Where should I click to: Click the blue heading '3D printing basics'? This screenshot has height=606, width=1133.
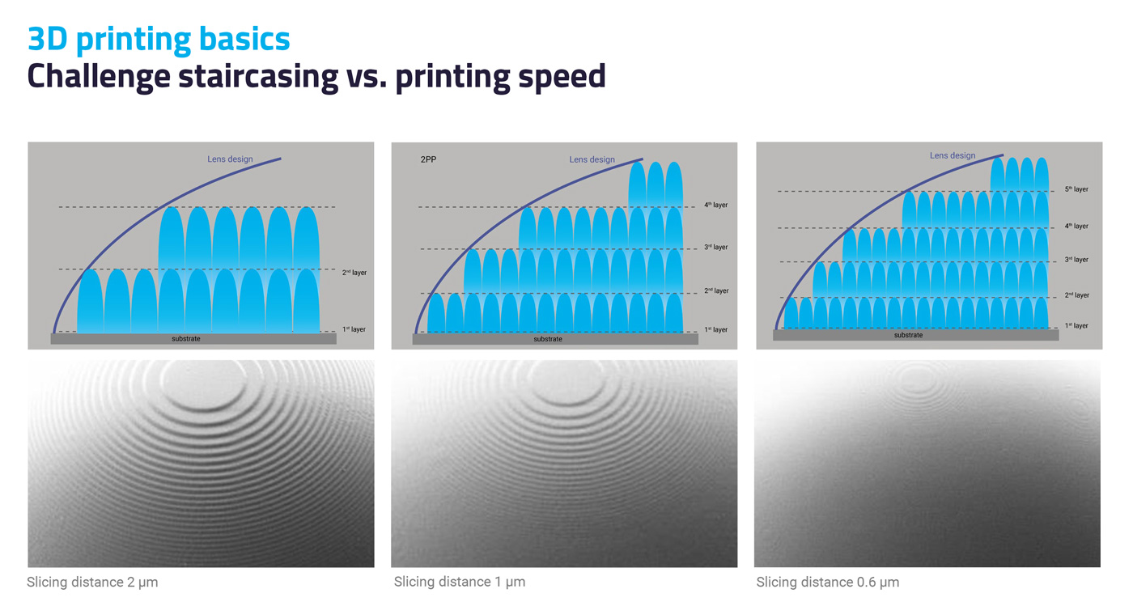[159, 39]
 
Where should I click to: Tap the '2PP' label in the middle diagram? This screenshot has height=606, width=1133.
[428, 159]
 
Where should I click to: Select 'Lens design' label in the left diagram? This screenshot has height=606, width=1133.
[230, 159]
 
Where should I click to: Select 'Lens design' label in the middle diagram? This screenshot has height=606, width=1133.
[592, 159]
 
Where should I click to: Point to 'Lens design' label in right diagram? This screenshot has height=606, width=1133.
[952, 155]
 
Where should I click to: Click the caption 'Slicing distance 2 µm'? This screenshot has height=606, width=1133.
[92, 582]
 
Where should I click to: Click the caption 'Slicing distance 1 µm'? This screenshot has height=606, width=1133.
[459, 582]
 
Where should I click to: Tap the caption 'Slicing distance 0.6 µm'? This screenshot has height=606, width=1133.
[827, 582]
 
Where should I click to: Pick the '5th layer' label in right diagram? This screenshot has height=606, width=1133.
[1076, 189]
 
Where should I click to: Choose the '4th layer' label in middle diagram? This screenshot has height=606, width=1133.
[715, 206]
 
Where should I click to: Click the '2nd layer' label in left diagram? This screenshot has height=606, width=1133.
[354, 273]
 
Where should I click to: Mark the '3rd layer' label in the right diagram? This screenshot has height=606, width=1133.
[1076, 260]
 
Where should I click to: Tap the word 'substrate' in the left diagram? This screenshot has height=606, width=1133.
[186, 339]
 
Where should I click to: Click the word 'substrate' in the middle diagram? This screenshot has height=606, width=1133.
[548, 339]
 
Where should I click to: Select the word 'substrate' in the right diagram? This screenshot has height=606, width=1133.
[908, 335]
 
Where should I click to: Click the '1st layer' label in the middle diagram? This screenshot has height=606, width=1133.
[715, 330]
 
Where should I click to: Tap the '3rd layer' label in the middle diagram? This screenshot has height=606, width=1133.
[715, 248]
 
